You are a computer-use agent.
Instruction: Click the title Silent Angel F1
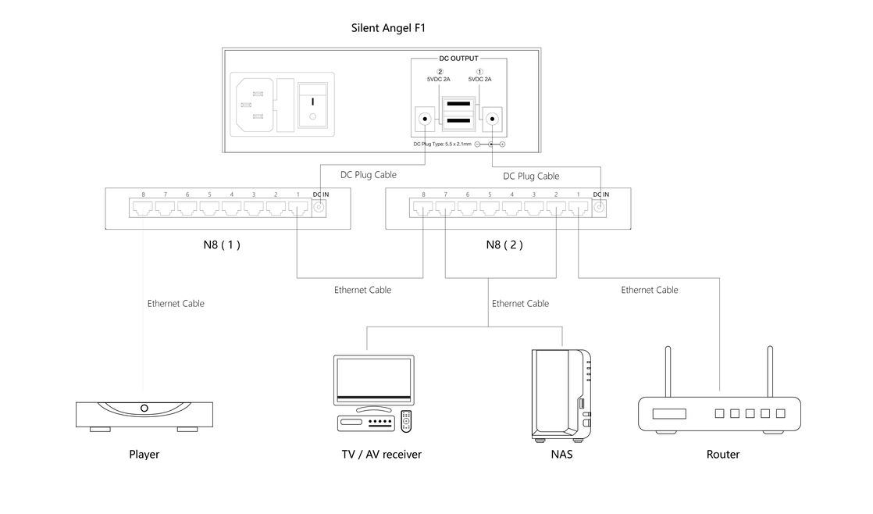tap(388, 28)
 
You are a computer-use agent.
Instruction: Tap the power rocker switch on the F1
tap(313, 108)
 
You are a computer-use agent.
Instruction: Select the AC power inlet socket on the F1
tap(255, 105)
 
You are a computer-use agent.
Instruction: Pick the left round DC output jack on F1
tap(424, 120)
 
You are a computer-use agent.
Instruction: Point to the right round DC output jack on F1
tap(491, 120)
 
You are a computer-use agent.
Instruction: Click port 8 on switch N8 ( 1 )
tap(144, 208)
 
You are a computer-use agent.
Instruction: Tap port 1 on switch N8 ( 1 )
tap(298, 208)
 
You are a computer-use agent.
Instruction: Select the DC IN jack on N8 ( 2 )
tap(599, 208)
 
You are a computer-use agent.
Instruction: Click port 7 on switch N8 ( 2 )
tap(445, 208)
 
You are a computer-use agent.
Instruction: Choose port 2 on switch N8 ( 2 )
tap(555, 208)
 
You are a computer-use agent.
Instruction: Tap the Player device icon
tap(144, 414)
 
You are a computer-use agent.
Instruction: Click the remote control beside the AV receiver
tap(405, 421)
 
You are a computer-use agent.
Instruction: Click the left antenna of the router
tap(668, 371)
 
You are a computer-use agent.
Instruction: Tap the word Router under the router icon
tap(722, 454)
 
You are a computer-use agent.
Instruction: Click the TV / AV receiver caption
tap(381, 454)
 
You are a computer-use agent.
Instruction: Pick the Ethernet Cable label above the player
tap(176, 303)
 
